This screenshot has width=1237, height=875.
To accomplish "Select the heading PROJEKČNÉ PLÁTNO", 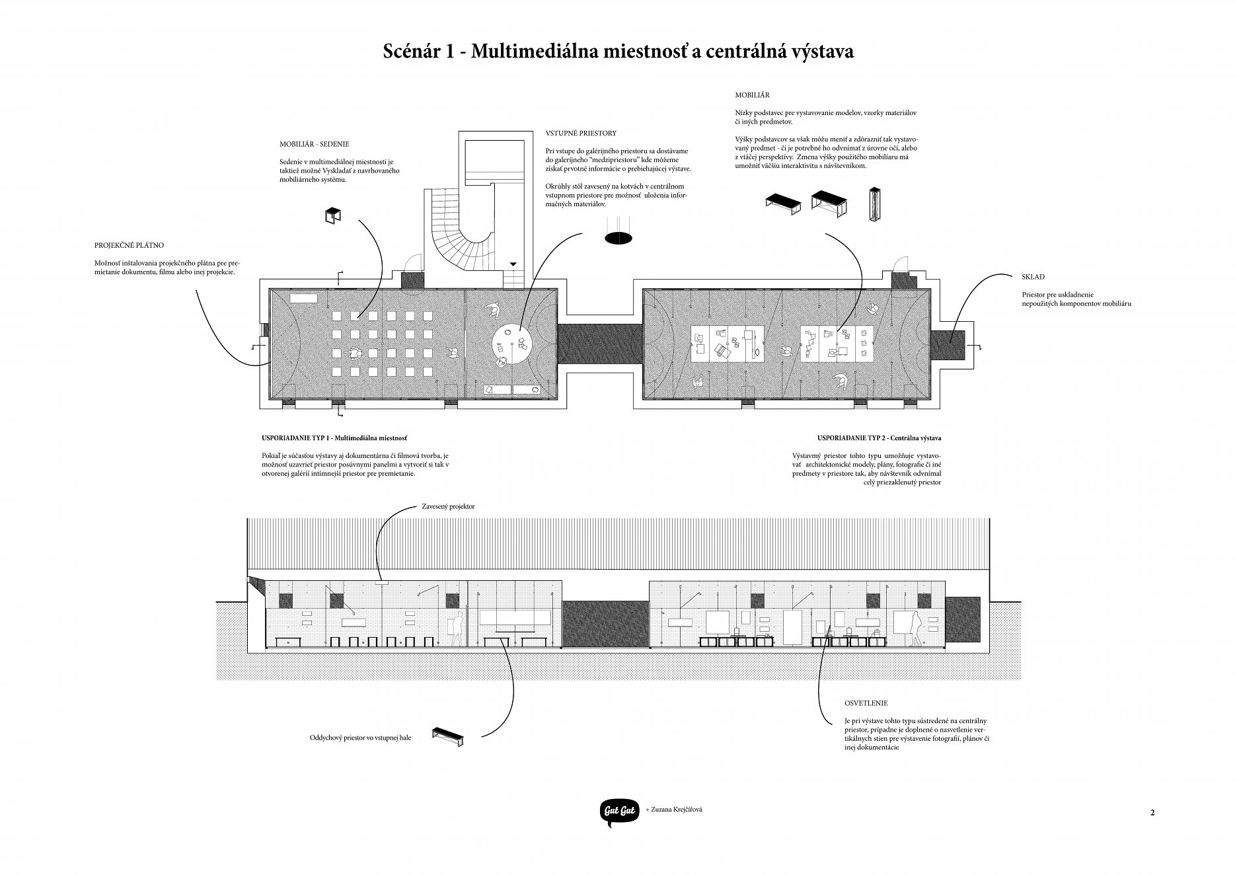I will (129, 245).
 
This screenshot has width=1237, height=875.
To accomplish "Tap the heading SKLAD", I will (1033, 278).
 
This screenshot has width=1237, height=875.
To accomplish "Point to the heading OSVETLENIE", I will (866, 704).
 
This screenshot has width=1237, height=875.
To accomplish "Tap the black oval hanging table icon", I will (618, 238).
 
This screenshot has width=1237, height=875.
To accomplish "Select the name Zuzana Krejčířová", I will (673, 809).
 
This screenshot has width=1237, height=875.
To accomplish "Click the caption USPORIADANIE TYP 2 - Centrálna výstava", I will (879, 438).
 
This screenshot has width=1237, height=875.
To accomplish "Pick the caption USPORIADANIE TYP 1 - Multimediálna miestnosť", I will (334, 438).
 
